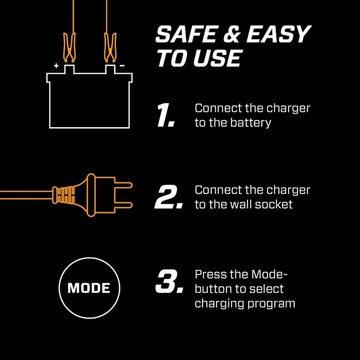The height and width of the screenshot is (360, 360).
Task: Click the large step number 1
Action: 165,115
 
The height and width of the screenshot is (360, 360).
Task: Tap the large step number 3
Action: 168,281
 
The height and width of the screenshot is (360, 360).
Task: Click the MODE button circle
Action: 88,288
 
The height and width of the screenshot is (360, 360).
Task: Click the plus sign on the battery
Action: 56,65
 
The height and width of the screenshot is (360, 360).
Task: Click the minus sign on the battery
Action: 122,65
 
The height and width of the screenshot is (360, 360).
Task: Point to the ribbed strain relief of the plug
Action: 64,195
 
